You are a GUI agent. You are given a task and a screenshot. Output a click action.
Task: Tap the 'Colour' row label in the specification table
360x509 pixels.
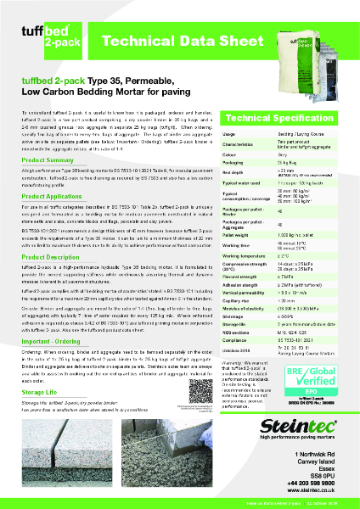pyautogui.click(x=229, y=155)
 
